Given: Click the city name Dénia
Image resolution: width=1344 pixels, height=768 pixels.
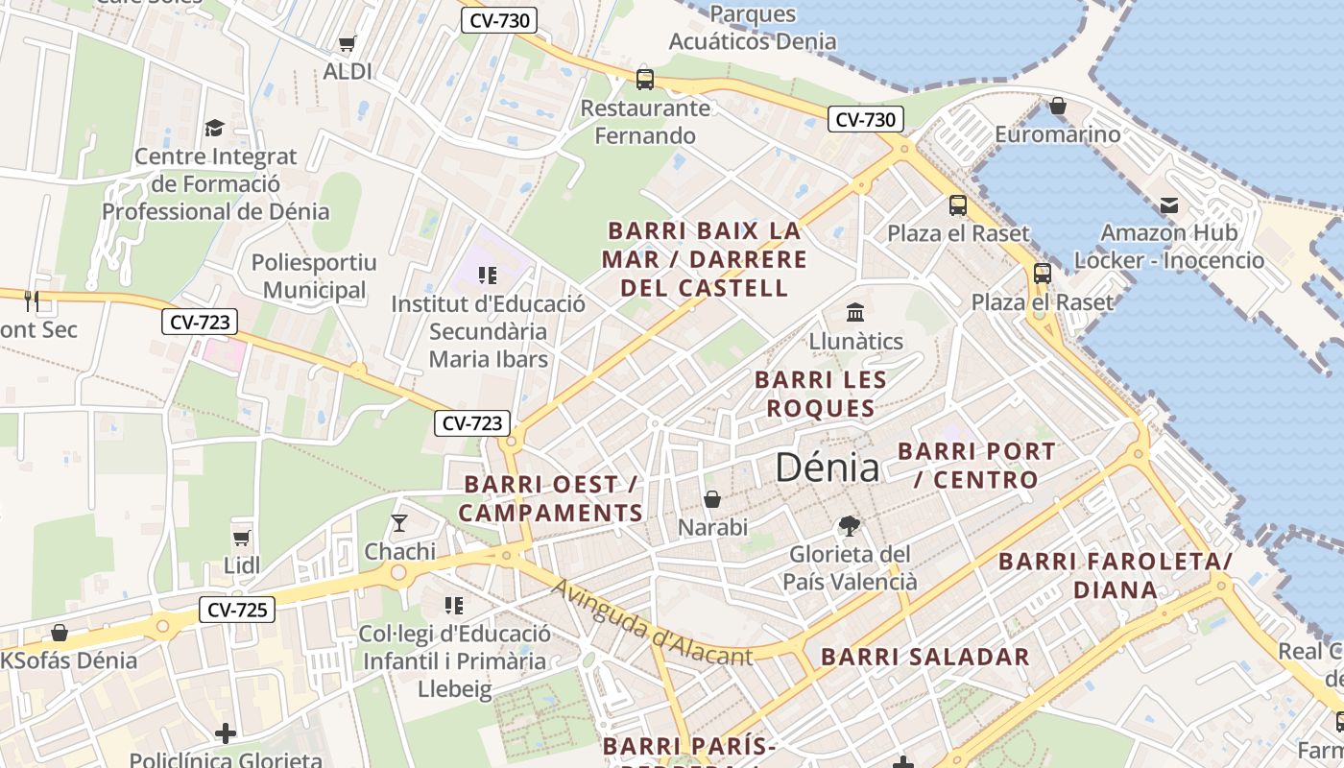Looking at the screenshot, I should click(x=827, y=468).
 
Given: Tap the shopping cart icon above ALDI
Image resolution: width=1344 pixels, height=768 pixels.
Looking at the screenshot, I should click(x=348, y=44).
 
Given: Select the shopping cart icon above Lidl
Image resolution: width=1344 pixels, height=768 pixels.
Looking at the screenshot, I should click(x=241, y=539).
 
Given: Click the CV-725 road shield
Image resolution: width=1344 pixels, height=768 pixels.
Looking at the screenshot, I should click(x=237, y=609).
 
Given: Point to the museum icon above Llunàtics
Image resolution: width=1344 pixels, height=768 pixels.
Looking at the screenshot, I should click(x=854, y=313).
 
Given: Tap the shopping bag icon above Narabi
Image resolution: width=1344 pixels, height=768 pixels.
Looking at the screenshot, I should click(x=712, y=499).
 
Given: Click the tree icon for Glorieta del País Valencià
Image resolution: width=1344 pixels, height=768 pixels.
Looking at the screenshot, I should click(x=849, y=525).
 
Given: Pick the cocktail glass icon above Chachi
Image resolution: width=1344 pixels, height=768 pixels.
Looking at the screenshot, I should click(x=399, y=523).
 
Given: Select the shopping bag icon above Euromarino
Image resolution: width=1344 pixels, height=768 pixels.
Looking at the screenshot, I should click(x=1057, y=106).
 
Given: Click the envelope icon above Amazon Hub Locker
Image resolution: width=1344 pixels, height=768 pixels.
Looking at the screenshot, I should click(x=1168, y=204).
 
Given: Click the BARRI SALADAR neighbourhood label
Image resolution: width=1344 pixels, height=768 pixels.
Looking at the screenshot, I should click(x=925, y=657).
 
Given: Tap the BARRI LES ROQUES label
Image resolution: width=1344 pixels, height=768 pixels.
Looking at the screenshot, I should click(x=820, y=394).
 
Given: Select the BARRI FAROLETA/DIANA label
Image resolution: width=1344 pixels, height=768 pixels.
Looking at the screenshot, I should click(x=1116, y=575).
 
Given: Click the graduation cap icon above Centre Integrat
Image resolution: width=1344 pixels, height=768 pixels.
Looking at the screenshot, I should click(x=215, y=128).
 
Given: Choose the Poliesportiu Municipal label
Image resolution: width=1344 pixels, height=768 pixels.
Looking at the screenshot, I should click(x=314, y=276).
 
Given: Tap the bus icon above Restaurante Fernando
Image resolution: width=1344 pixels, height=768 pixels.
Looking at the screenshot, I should click(x=645, y=79).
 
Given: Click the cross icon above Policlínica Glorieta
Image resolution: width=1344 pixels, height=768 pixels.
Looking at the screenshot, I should click(x=226, y=733).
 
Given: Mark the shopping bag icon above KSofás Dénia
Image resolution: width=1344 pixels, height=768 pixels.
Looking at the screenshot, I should click(x=60, y=633).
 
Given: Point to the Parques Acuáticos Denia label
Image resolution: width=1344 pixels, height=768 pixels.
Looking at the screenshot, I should click(x=753, y=28).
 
